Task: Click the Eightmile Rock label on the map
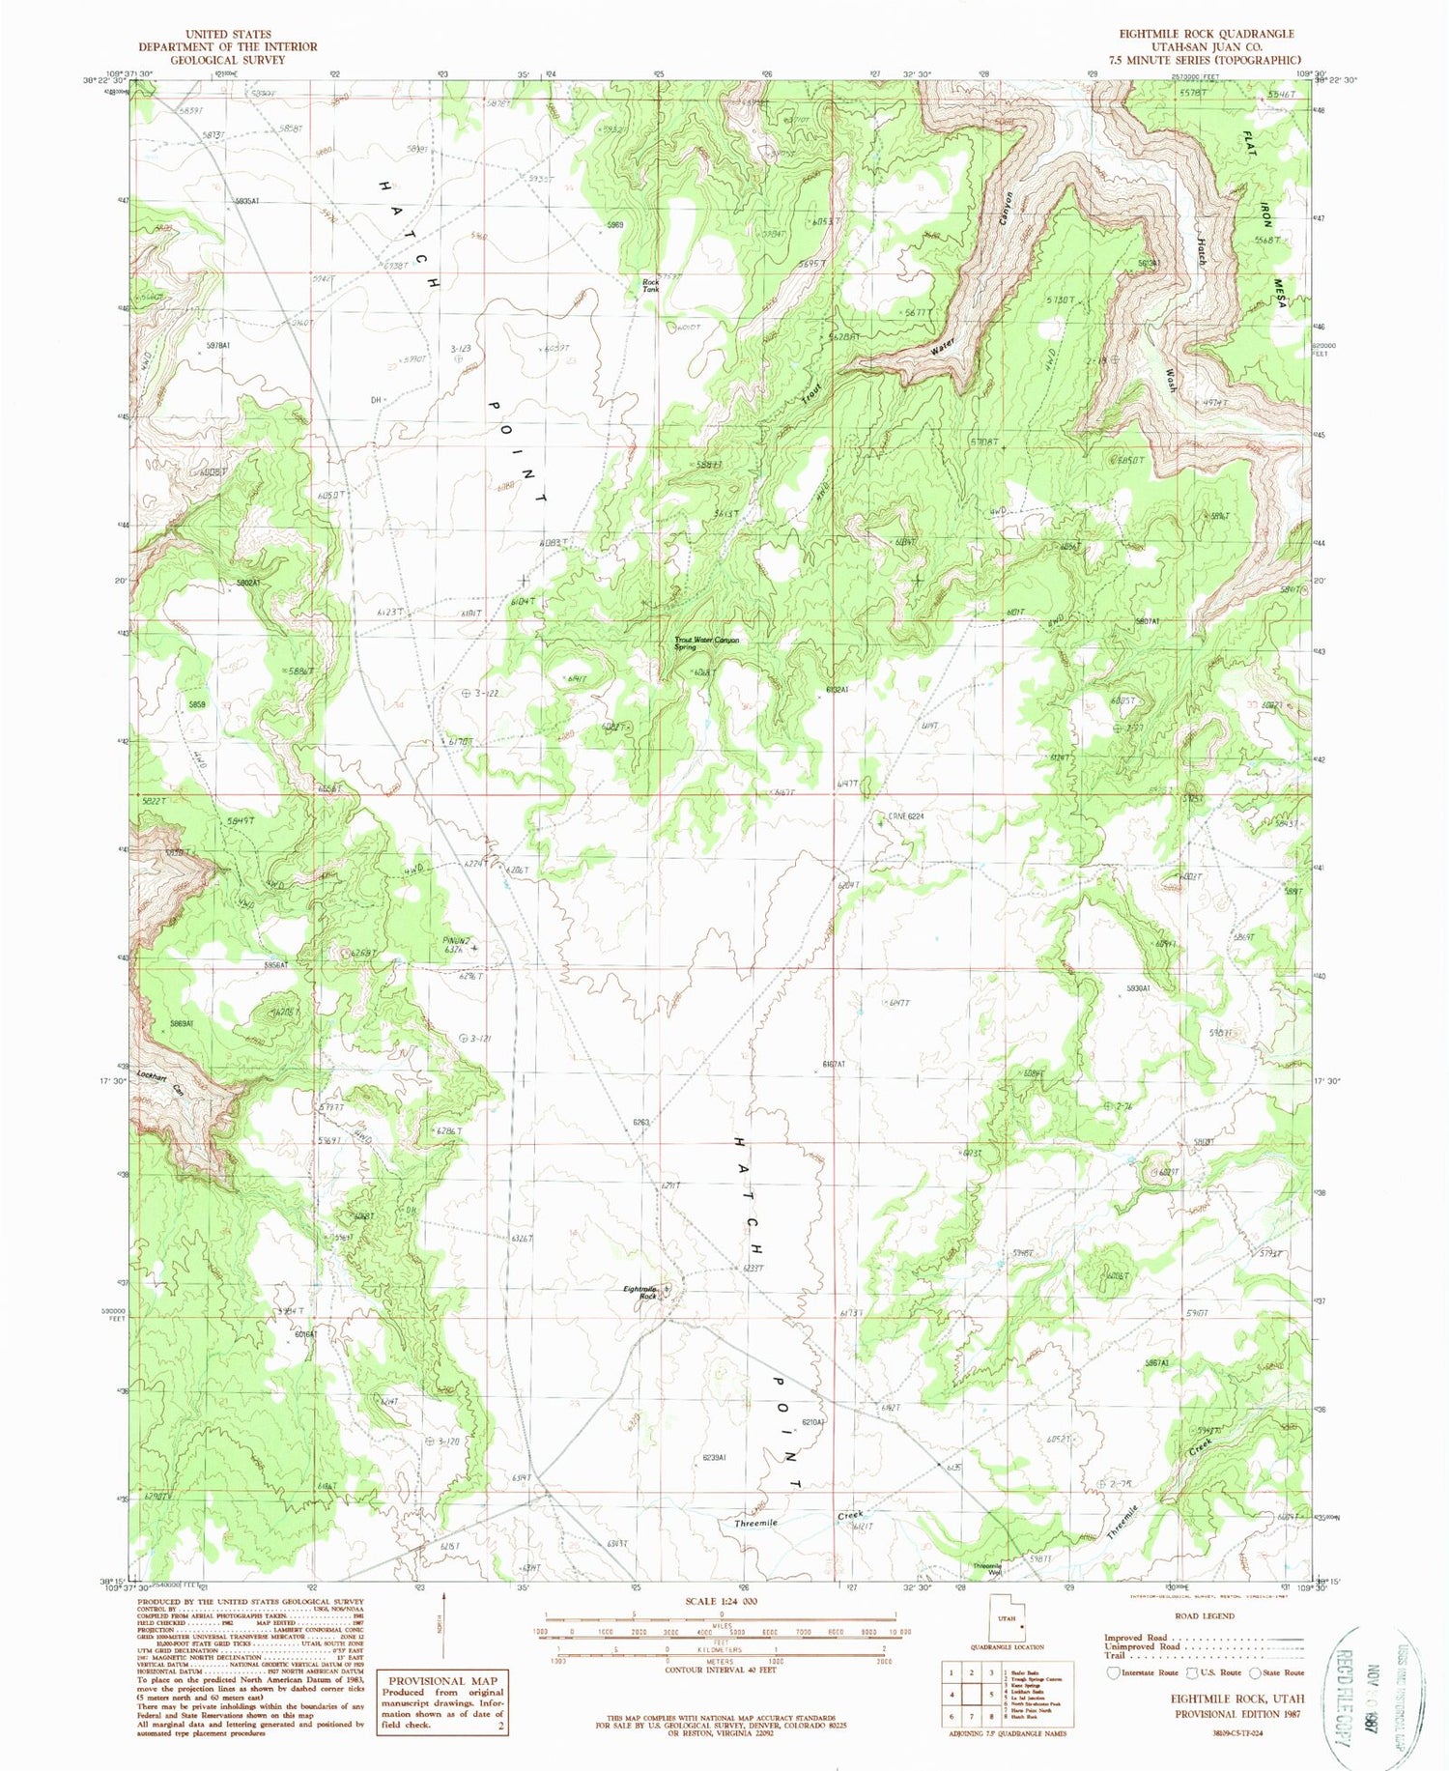(x=641, y=1292)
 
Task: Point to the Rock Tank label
(x=652, y=285)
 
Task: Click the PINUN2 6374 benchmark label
(x=454, y=945)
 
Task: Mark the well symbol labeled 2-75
(x=1102, y=1482)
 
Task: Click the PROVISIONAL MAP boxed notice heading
(x=442, y=1680)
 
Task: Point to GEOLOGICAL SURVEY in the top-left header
(x=228, y=60)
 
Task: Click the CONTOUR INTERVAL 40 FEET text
(x=721, y=1669)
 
